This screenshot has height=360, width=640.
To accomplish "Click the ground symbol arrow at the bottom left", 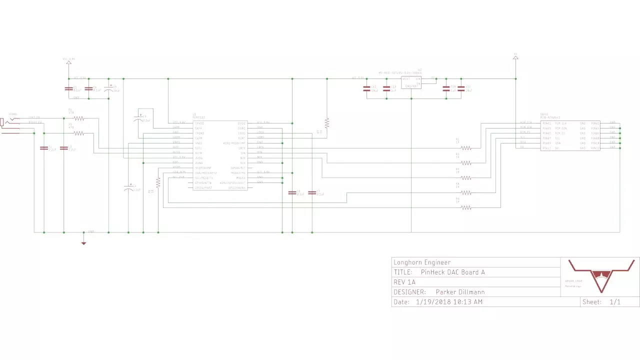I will pyautogui.click(x=83, y=243).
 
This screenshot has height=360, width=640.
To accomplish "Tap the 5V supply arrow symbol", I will pyautogui.click(x=515, y=58).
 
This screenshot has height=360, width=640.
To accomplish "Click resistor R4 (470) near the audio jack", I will pyautogui.click(x=79, y=118).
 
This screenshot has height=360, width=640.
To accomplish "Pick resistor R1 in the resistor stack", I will pyautogui.click(x=466, y=147).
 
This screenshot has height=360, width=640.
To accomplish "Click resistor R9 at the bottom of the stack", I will pyautogui.click(x=466, y=207).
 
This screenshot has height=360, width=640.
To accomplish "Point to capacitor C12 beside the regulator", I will pyautogui.click(x=367, y=88).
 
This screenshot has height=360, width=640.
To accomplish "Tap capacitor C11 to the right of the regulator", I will pyautogui.click(x=461, y=88).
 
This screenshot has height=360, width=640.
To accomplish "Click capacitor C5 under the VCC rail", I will pyautogui.click(x=68, y=88).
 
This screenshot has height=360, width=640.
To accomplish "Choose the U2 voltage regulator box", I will pyautogui.click(x=411, y=82).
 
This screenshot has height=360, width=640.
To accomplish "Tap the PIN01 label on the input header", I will pyautogui.click(x=546, y=123).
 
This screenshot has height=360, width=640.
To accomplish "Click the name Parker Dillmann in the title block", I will pyautogui.click(x=460, y=292).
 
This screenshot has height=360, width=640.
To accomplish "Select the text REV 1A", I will pyautogui.click(x=404, y=282).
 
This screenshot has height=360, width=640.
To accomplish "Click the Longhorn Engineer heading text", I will pyautogui.click(x=422, y=262).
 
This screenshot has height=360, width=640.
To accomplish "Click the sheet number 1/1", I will pyautogui.click(x=615, y=302).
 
